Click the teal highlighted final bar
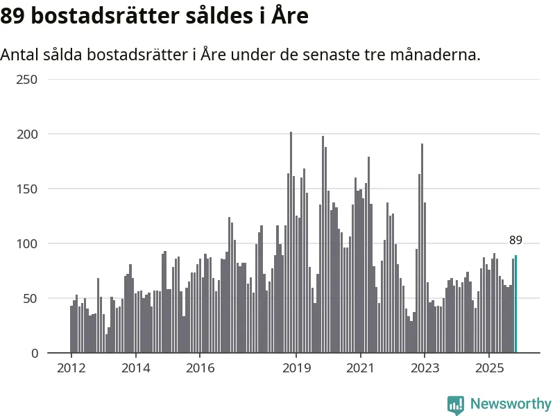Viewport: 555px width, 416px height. pyautogui.click(x=515, y=305)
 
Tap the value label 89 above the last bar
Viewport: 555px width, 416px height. pyautogui.click(x=515, y=241)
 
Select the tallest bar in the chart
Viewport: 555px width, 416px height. pyautogui.click(x=291, y=243)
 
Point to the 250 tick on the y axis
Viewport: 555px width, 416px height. pyautogui.click(x=28, y=79)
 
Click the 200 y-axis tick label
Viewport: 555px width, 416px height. pyautogui.click(x=28, y=134)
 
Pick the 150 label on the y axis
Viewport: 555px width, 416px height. pyautogui.click(x=28, y=189)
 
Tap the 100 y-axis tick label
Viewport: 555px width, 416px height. pyautogui.click(x=28, y=243)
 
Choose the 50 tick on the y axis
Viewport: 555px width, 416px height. pyautogui.click(x=31, y=298)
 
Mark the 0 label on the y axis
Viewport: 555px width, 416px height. pyautogui.click(x=34, y=353)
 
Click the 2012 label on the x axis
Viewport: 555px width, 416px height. pyautogui.click(x=71, y=367)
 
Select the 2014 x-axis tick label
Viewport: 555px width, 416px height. pyautogui.click(x=135, y=367)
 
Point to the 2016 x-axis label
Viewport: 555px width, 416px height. pyautogui.click(x=200, y=367)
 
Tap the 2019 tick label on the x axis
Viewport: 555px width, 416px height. pyautogui.click(x=296, y=367)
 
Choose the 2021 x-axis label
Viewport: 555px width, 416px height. pyautogui.click(x=361, y=367)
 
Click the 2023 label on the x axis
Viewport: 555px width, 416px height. pyautogui.click(x=425, y=367)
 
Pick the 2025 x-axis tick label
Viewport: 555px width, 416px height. pyautogui.click(x=489, y=367)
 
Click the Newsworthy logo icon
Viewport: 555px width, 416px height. pyautogui.click(x=456, y=404)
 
